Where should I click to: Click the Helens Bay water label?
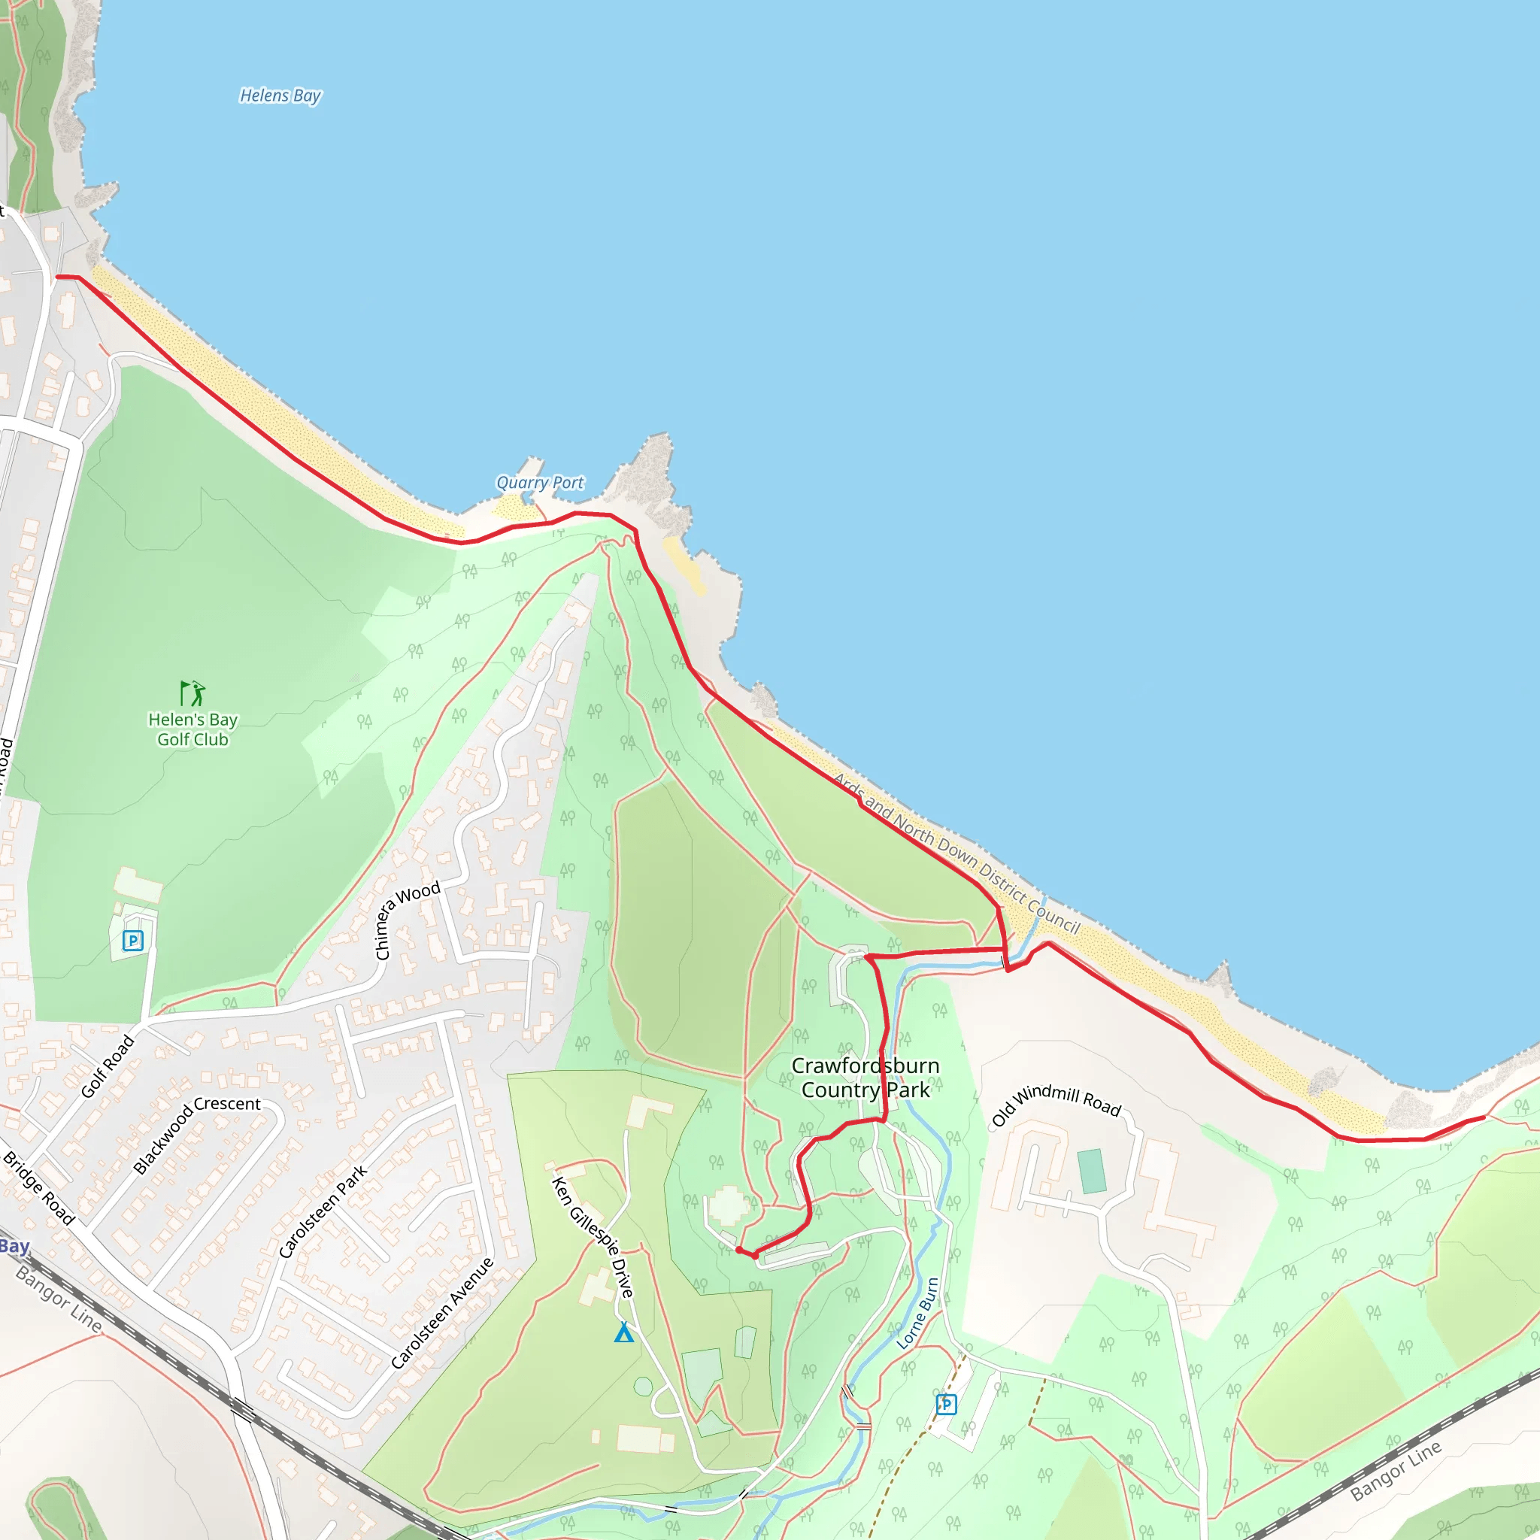coord(280,95)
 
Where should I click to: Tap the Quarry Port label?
coord(540,482)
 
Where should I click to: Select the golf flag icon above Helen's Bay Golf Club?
coord(192,693)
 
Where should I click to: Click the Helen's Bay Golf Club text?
coord(193,729)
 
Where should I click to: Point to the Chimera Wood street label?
coord(407,920)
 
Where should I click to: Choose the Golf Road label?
coord(108,1066)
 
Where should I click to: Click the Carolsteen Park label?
coord(323,1211)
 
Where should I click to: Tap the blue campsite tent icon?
coord(624,1332)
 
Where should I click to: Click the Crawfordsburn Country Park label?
coord(865,1078)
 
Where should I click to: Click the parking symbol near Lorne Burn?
coord(946,1404)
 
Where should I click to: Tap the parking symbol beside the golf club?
coord(133,941)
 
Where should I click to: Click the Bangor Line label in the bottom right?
coord(1396,1471)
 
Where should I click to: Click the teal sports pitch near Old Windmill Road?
coord(1092,1171)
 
